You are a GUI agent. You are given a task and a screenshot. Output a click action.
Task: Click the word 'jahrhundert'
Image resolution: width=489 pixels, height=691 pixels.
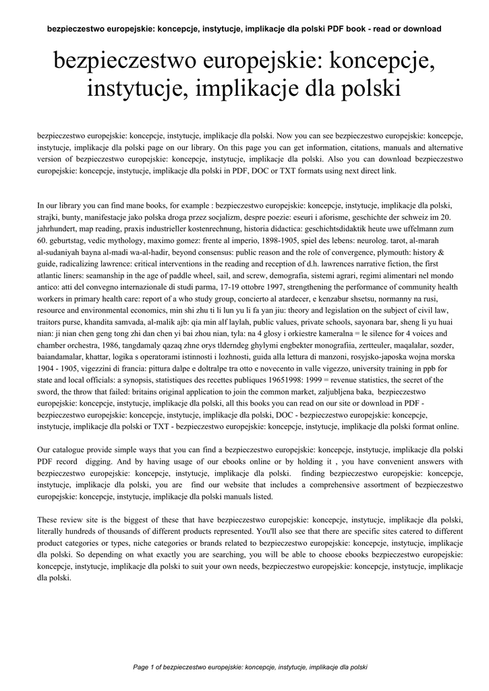(x=57, y=229)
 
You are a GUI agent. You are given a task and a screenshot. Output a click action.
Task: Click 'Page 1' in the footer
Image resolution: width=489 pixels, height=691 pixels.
(x=144, y=667)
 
